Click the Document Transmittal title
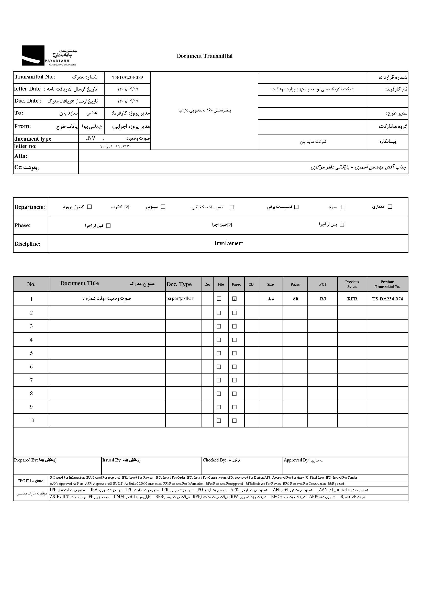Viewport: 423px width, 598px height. (x=205, y=56)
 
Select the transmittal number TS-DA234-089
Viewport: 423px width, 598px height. (x=127, y=77)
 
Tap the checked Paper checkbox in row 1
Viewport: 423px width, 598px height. (x=235, y=299)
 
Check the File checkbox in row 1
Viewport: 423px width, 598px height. (x=219, y=299)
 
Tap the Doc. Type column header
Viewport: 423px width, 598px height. (x=179, y=284)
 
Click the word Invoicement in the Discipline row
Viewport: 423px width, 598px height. (x=228, y=243)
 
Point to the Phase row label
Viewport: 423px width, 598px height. (x=23, y=225)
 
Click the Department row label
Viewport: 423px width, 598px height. (x=30, y=207)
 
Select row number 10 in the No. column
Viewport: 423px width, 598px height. (x=31, y=420)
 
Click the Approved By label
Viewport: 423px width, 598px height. (x=296, y=460)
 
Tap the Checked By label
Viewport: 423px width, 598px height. (x=214, y=460)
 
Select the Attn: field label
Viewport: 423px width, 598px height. (x=21, y=156)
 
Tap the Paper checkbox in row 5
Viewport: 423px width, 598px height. (x=235, y=353)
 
